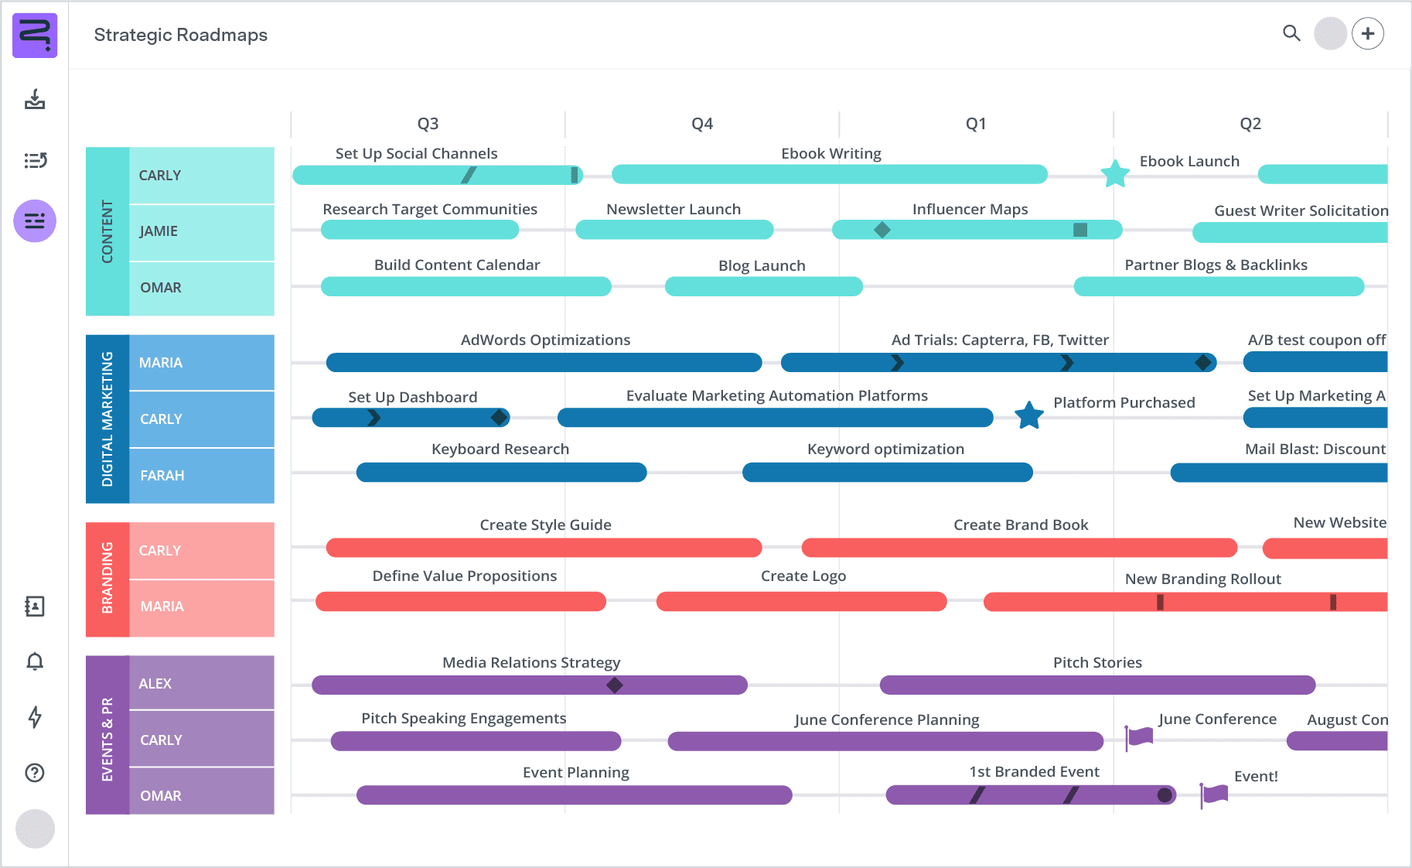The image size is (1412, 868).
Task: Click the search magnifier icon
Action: (x=1291, y=33)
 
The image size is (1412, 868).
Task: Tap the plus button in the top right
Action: (x=1368, y=33)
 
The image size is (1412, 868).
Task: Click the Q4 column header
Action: (x=701, y=124)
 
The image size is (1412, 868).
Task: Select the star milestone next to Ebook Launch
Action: (x=1114, y=174)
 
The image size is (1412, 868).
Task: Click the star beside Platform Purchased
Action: (x=1029, y=416)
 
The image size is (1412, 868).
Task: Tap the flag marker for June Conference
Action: (x=1138, y=736)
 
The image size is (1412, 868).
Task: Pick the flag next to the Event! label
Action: (x=1214, y=794)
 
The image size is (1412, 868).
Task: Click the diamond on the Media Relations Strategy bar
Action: (x=615, y=685)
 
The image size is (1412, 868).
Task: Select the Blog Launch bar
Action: (x=763, y=286)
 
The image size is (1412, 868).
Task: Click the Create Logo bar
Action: (x=801, y=601)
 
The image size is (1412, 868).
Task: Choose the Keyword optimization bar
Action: (x=887, y=472)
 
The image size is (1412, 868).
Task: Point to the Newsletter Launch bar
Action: (x=674, y=229)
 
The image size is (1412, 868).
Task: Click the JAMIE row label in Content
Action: (x=159, y=231)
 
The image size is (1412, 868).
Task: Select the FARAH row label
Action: (x=162, y=476)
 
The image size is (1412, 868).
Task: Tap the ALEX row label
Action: (x=155, y=684)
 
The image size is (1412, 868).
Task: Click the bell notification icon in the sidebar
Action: (x=35, y=661)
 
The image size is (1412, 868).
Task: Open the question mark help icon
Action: (x=35, y=773)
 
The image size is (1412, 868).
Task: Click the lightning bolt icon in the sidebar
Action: (x=35, y=717)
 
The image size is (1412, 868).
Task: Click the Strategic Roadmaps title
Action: (x=181, y=35)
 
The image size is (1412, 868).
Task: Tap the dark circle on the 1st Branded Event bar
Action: (x=1164, y=795)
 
